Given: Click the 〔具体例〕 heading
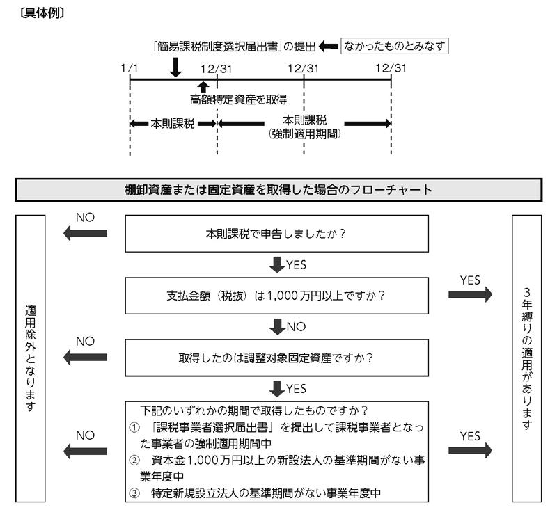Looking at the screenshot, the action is click(42, 13).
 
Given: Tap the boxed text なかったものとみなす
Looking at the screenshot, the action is click(394, 46).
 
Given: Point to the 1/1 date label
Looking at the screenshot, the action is click(130, 68).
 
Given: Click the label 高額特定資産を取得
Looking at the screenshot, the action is click(238, 99).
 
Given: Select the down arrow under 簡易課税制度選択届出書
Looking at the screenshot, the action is click(175, 67).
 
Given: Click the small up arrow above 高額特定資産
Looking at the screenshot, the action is click(203, 87).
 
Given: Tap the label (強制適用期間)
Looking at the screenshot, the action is click(304, 134).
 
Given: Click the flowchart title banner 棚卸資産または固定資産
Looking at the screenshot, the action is click(278, 190).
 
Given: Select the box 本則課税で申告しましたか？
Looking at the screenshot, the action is click(276, 234).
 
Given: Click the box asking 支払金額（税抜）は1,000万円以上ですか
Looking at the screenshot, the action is click(276, 296).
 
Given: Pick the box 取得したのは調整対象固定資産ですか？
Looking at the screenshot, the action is click(276, 358).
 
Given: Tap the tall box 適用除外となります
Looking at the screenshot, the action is click(30, 358).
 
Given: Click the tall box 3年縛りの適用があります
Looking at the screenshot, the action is click(527, 358).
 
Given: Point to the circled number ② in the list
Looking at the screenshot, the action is click(134, 461).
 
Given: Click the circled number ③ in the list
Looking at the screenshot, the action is click(134, 493).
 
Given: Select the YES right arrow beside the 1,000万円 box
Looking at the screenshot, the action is click(471, 294).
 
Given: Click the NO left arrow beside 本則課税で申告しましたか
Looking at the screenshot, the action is click(85, 234).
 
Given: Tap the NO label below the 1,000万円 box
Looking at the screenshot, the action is click(297, 327).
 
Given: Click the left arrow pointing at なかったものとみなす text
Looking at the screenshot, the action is click(329, 46).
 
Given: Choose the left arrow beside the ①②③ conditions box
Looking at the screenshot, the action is click(85, 451).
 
